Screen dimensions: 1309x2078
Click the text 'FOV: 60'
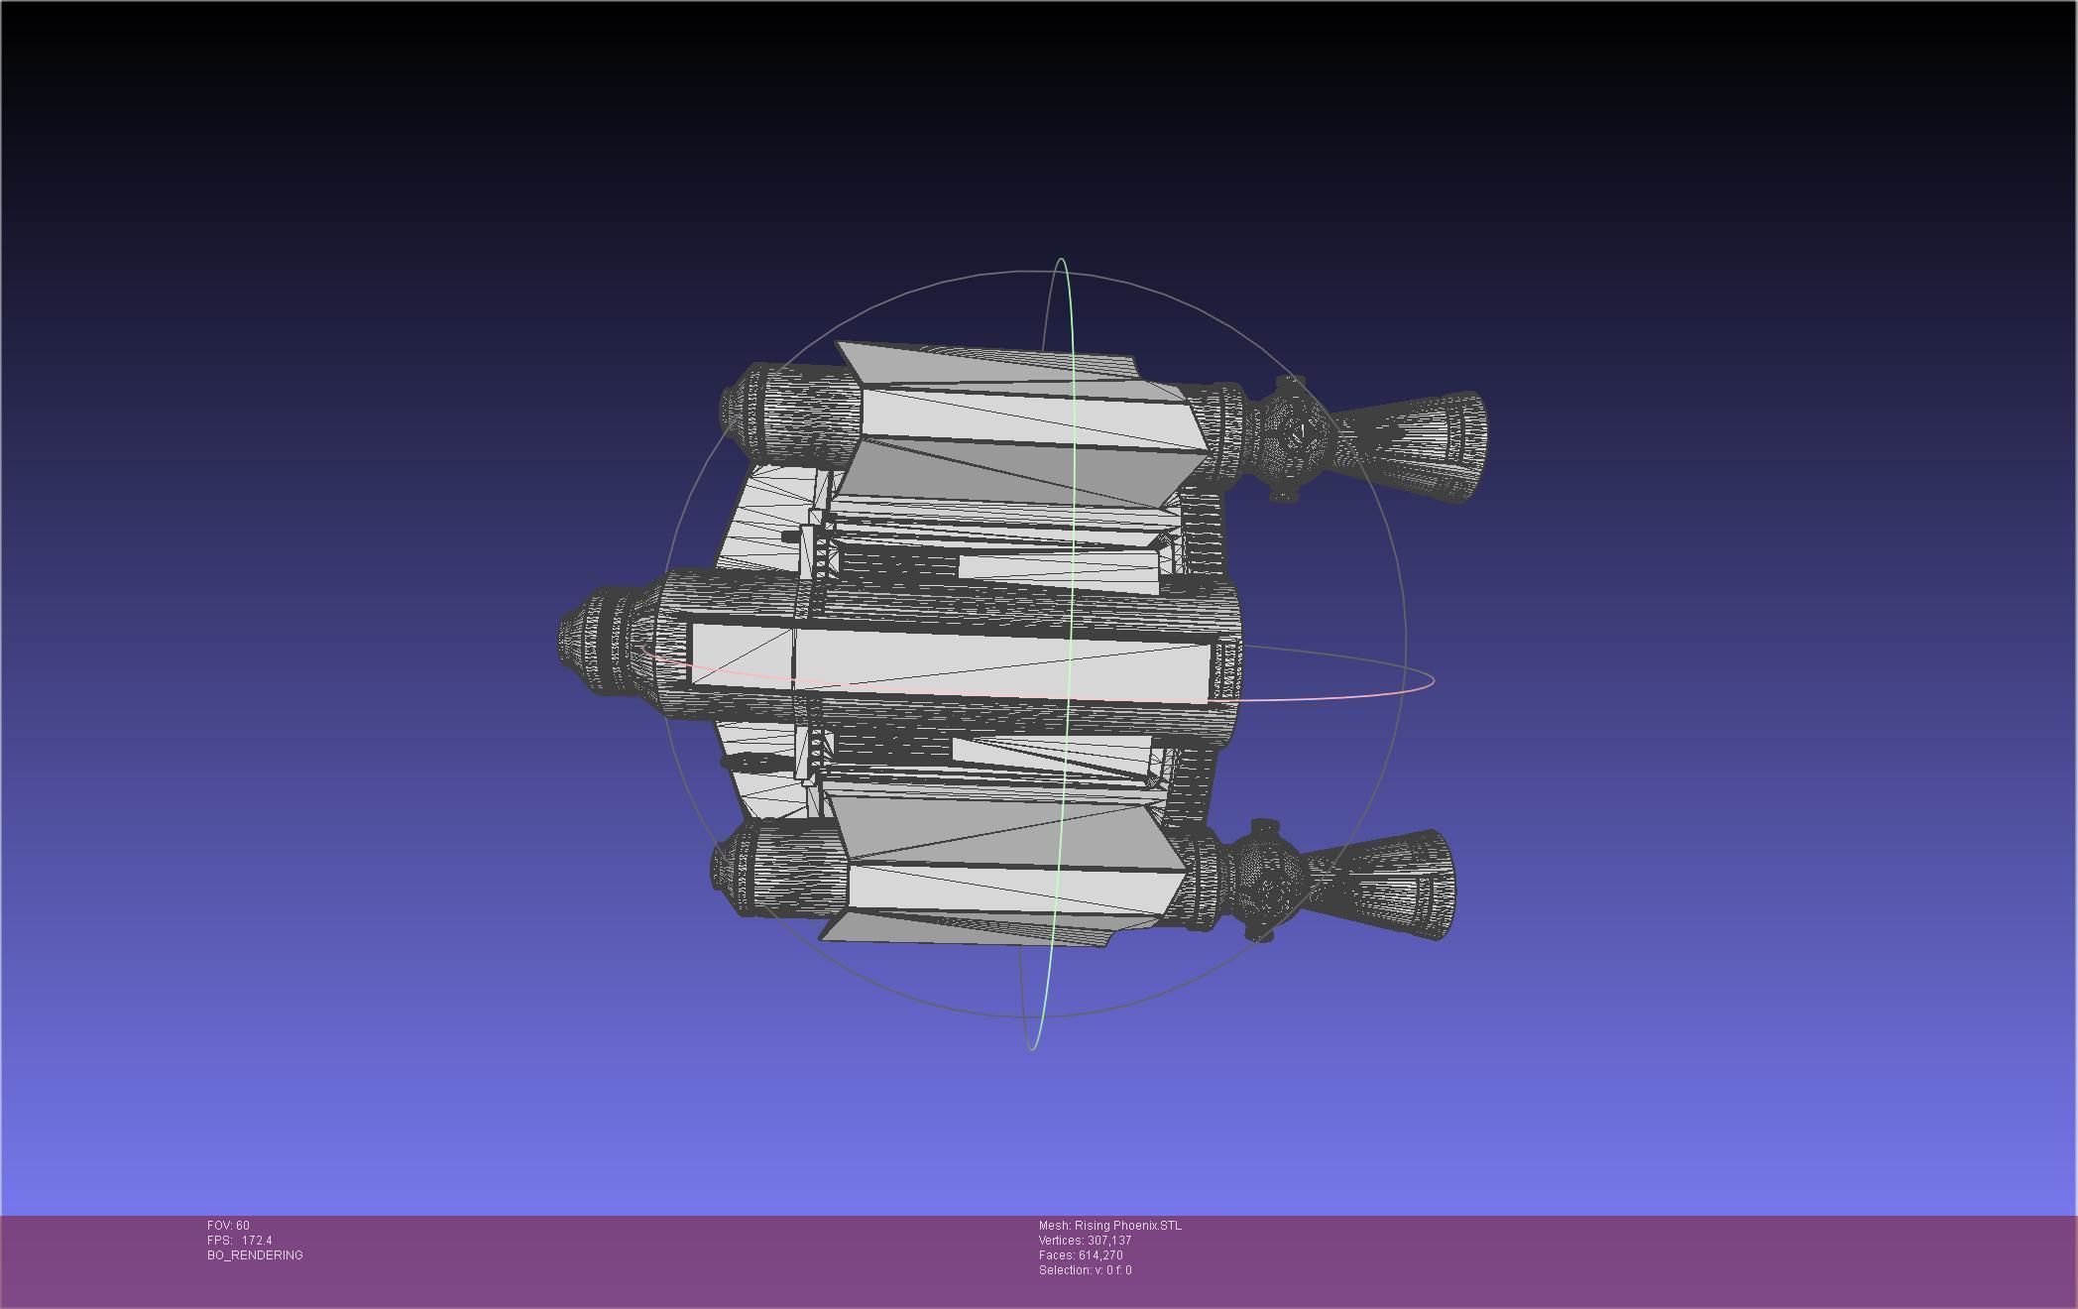[228, 1226]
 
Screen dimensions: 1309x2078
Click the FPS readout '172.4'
[256, 1241]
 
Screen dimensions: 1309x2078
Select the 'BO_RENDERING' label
[255, 1255]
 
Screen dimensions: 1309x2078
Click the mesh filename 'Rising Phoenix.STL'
[1127, 1226]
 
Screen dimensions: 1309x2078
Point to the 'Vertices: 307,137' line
[1085, 1241]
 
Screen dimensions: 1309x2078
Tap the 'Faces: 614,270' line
[1081, 1255]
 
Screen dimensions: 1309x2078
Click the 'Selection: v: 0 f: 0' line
[1085, 1270]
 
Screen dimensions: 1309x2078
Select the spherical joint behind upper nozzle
[1292, 436]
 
